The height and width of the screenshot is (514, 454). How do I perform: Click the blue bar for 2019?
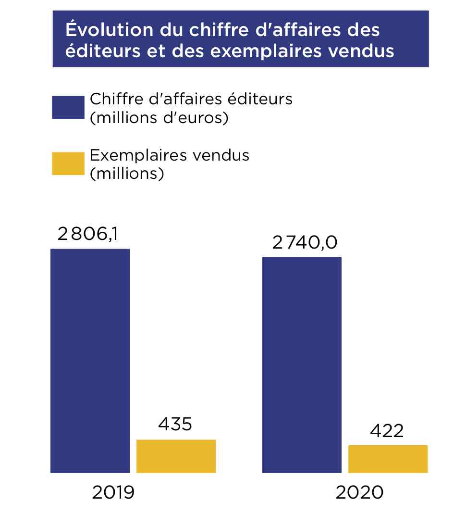[90, 361]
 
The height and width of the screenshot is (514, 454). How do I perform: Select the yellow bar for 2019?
[176, 456]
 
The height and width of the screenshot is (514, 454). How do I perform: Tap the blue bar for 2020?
[302, 364]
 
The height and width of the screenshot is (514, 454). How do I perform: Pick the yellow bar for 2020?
[388, 459]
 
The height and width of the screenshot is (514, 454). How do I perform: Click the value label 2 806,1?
[88, 234]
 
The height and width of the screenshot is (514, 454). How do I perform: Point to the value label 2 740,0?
[305, 243]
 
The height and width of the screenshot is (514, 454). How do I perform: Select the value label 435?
[175, 424]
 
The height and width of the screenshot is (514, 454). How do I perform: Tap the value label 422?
[387, 431]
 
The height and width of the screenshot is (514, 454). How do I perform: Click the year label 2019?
[113, 492]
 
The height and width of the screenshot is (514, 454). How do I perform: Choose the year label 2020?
[360, 492]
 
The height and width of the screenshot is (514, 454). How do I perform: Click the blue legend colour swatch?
[68, 107]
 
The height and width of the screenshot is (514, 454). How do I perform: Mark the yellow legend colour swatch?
[68, 163]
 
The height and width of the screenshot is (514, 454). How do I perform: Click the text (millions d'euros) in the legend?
[159, 117]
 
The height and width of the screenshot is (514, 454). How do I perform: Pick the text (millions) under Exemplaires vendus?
[127, 174]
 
